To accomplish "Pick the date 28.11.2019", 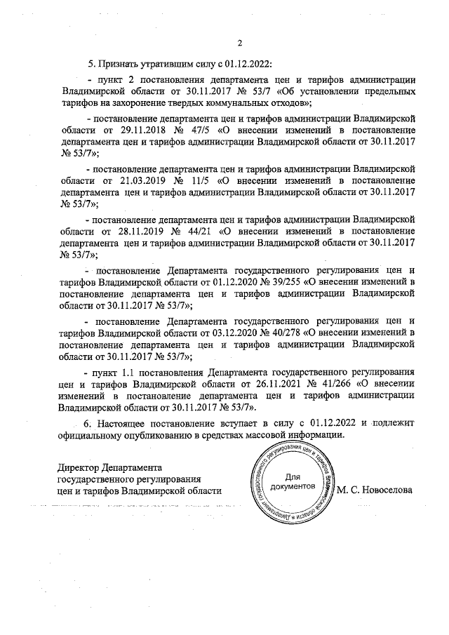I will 136,229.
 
